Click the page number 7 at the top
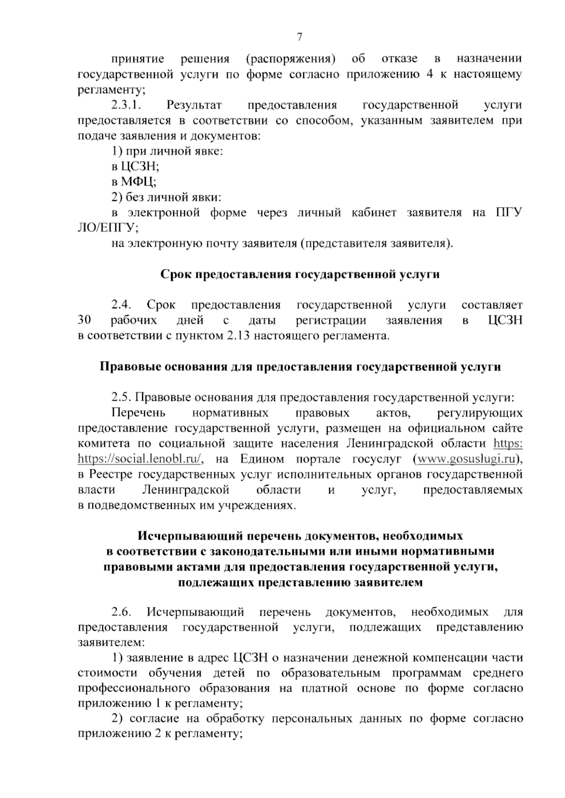[x=299, y=37]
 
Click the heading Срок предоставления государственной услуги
[x=300, y=274]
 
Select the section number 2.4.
[x=121, y=305]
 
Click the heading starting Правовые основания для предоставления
[x=300, y=367]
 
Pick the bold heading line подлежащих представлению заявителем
[x=300, y=582]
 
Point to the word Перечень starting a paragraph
[x=138, y=413]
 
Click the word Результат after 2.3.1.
[x=194, y=105]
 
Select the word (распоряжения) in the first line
[x=290, y=59]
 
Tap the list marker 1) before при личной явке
[x=117, y=151]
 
